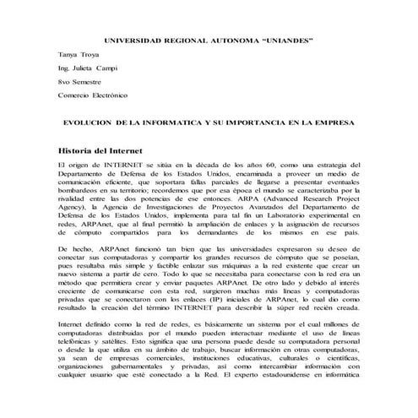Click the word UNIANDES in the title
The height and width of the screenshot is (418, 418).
(x=283, y=40)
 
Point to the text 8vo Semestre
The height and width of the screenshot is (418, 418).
(x=77, y=82)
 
